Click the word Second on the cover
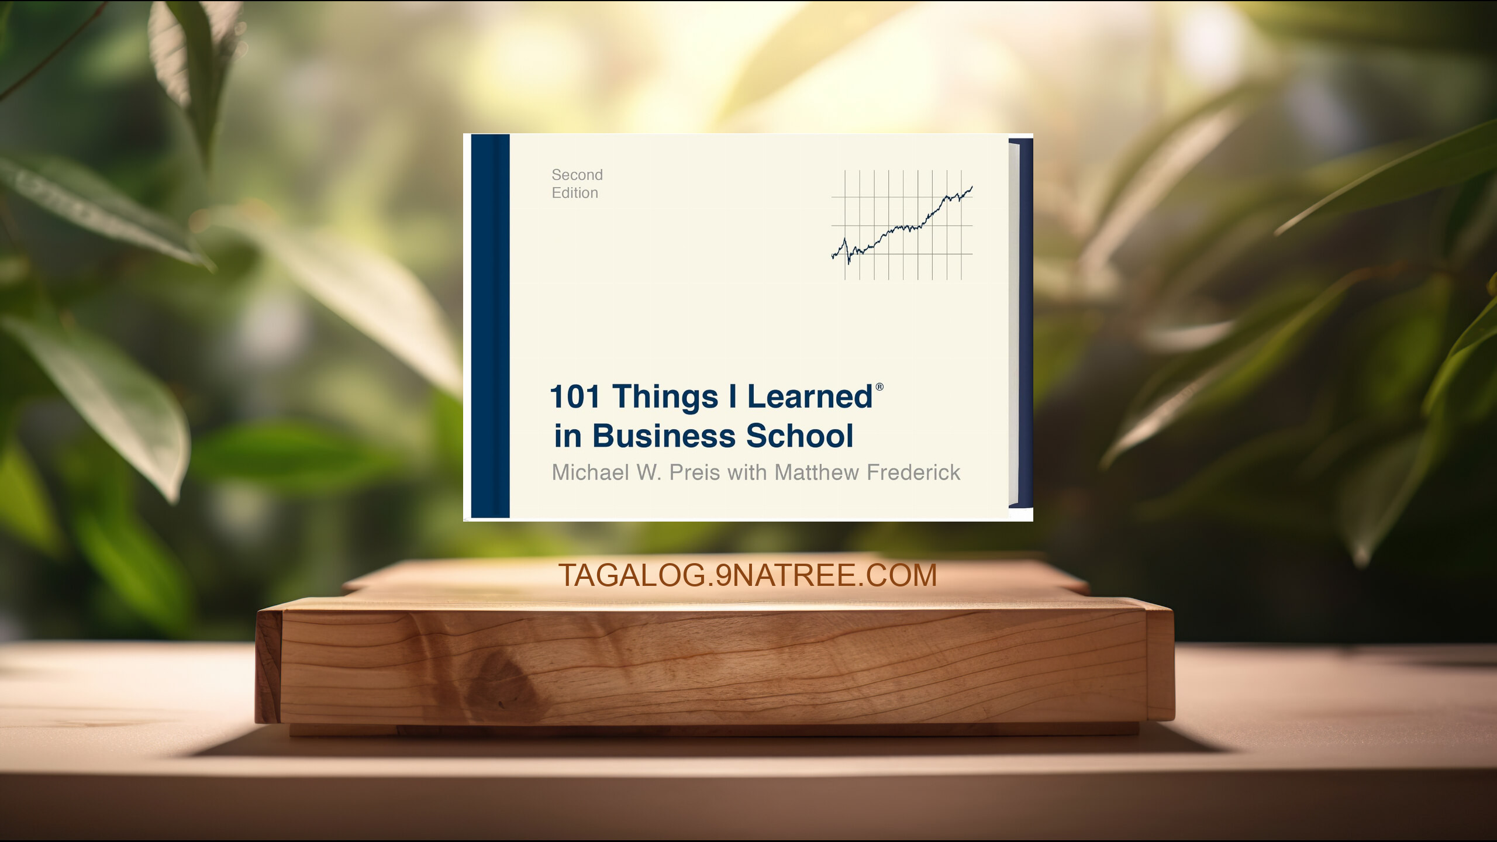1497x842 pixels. pyautogui.click(x=577, y=175)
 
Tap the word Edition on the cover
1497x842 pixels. pyautogui.click(x=575, y=193)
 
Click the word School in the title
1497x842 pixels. pyautogui.click(x=800, y=436)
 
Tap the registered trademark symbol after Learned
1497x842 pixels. pyautogui.click(x=879, y=387)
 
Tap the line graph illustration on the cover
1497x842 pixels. pyautogui.click(x=902, y=225)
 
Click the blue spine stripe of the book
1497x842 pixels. pyautogui.click(x=490, y=326)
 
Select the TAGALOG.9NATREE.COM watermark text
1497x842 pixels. pyautogui.click(x=747, y=575)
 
